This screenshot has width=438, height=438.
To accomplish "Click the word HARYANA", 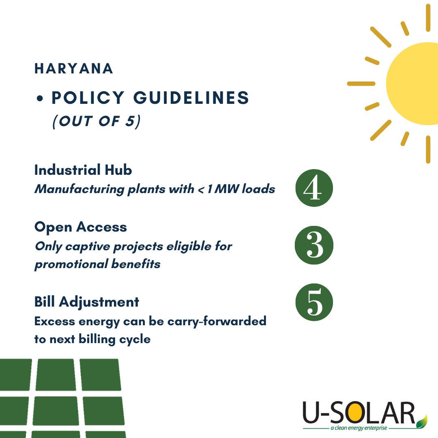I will [74, 69].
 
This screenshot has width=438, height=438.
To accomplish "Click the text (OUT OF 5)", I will [97, 122].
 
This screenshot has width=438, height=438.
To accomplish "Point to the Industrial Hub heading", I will [83, 170].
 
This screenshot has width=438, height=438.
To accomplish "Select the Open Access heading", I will [81, 227].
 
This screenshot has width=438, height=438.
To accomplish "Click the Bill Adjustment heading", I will [87, 302].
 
